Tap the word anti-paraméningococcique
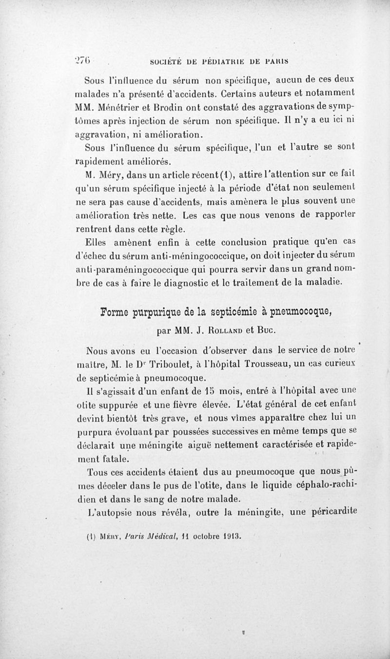[129, 269]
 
